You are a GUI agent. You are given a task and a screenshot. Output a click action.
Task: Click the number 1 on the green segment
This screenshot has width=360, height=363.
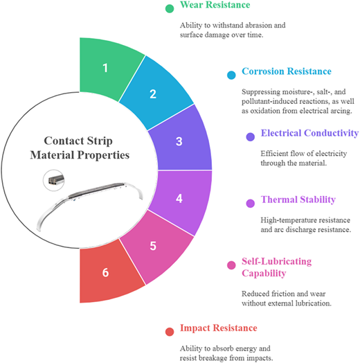105,68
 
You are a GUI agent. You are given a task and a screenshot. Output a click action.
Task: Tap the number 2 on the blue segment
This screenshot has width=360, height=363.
153,94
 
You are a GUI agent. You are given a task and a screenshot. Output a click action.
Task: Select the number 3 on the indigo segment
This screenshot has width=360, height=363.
179,141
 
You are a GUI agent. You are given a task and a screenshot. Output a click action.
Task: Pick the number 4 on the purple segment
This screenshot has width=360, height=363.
179,198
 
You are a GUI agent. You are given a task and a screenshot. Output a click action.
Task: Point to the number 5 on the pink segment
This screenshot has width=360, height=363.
153,246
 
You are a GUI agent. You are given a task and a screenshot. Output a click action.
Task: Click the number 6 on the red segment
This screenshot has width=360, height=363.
105,272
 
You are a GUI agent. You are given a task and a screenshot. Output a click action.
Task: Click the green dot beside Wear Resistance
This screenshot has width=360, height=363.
170,8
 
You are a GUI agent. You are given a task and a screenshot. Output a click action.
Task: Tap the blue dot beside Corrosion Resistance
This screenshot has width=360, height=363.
231,75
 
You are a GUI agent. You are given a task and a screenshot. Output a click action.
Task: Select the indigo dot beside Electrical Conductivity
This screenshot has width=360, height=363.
251,136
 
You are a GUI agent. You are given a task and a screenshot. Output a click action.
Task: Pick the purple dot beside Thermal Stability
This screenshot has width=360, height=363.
251,203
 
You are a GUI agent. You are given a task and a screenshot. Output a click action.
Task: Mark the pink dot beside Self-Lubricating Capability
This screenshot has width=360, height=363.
231,265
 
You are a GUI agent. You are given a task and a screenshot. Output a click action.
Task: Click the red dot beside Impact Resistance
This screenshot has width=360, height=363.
170,332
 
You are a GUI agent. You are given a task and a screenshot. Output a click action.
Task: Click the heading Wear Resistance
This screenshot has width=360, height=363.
215,5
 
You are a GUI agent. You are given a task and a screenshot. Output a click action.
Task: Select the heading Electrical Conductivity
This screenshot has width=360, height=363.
309,133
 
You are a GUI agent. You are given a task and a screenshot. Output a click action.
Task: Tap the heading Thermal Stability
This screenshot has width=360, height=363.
298,200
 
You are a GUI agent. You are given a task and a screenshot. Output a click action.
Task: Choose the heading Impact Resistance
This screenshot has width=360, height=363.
219,328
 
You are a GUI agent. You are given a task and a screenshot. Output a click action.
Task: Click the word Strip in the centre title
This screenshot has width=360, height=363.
99,141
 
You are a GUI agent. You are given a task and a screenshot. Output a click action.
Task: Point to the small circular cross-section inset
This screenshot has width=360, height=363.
54,180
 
